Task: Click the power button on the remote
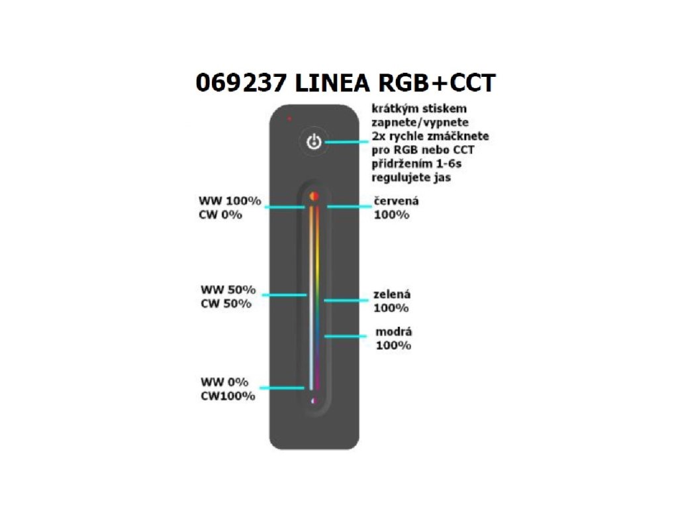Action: click(x=315, y=142)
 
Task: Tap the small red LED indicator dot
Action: click(x=289, y=119)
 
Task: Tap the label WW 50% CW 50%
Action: click(x=228, y=297)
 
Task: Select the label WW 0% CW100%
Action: click(x=227, y=389)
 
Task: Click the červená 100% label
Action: click(x=397, y=207)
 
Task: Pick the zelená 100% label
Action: click(x=394, y=301)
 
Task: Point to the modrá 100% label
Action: click(x=394, y=338)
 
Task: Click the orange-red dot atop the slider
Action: click(x=315, y=196)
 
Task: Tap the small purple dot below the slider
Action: click(x=314, y=400)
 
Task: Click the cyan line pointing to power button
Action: click(x=347, y=142)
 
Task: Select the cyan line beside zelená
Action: click(x=346, y=300)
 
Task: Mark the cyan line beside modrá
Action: click(x=346, y=337)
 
